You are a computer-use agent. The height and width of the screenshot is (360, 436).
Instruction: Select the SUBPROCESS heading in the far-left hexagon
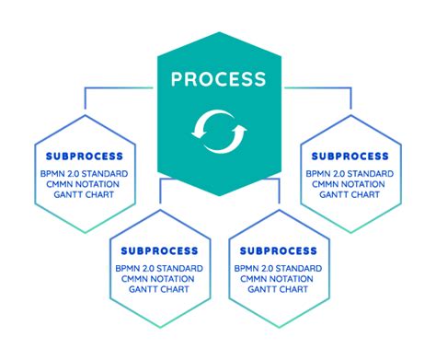(84, 157)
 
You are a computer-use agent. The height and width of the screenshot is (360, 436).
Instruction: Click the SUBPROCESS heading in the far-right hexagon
(350, 157)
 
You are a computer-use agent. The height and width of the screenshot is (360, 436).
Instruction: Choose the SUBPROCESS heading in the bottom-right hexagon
(278, 250)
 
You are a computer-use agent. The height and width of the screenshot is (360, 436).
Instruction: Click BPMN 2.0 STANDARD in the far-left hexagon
(84, 172)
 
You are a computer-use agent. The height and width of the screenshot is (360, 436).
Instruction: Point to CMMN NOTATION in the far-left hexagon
(84, 185)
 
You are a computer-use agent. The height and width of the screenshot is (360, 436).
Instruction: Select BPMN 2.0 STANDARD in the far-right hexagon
(350, 172)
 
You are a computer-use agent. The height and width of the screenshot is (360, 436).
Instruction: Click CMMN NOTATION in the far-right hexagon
(350, 185)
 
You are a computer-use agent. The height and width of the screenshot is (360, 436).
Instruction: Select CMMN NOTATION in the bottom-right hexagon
(278, 279)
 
